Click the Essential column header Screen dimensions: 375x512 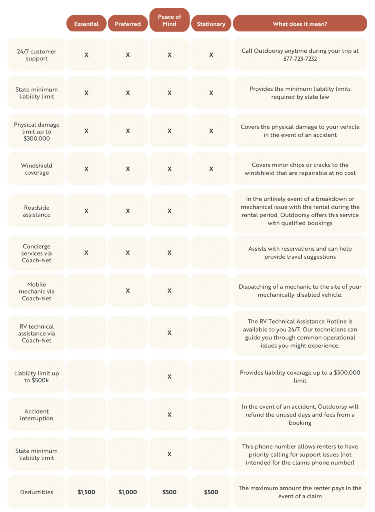[86, 24]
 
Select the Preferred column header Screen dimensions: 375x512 [128, 24]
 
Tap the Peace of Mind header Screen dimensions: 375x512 [169, 20]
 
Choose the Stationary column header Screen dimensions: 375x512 [211, 24]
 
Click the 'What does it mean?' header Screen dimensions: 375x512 [300, 24]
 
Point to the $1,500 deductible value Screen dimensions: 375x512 [86, 492]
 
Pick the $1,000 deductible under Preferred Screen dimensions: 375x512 [128, 492]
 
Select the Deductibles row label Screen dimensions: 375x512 [36, 492]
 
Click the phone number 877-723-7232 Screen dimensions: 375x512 [300, 59]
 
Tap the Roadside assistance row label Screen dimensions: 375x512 [36, 211]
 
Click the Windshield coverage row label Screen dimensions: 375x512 [36, 169]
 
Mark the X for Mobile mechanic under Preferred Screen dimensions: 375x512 [128, 291]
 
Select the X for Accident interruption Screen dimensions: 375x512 [169, 415]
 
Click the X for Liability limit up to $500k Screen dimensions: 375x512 [169, 377]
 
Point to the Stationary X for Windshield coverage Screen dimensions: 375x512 [211, 169]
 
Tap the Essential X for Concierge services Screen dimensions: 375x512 [86, 253]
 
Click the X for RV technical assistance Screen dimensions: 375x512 [169, 333]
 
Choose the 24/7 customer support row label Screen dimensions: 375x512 [36, 55]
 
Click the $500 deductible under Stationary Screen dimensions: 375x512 [211, 492]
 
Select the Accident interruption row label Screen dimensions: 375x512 [36, 415]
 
